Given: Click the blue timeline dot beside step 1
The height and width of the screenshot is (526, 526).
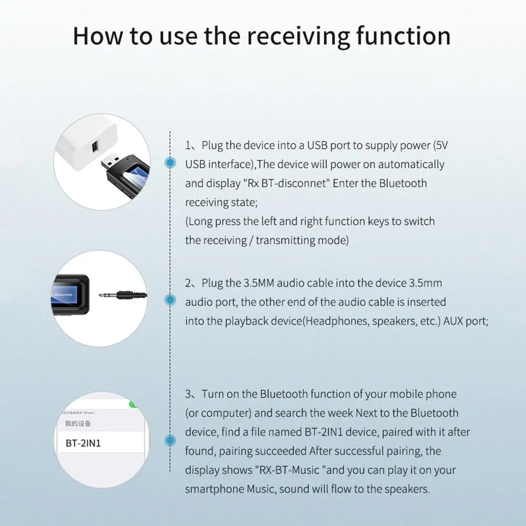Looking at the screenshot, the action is click(170, 163).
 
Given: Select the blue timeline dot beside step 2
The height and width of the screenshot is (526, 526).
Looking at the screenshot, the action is click(170, 300).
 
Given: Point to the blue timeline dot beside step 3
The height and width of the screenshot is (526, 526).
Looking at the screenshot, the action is click(170, 441).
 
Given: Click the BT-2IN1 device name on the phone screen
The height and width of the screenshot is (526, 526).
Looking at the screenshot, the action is click(83, 443).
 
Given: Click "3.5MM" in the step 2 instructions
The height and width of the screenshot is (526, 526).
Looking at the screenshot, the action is click(256, 283).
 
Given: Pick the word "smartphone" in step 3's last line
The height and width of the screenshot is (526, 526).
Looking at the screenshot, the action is click(214, 489).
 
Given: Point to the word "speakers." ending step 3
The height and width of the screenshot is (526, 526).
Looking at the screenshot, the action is click(407, 489).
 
